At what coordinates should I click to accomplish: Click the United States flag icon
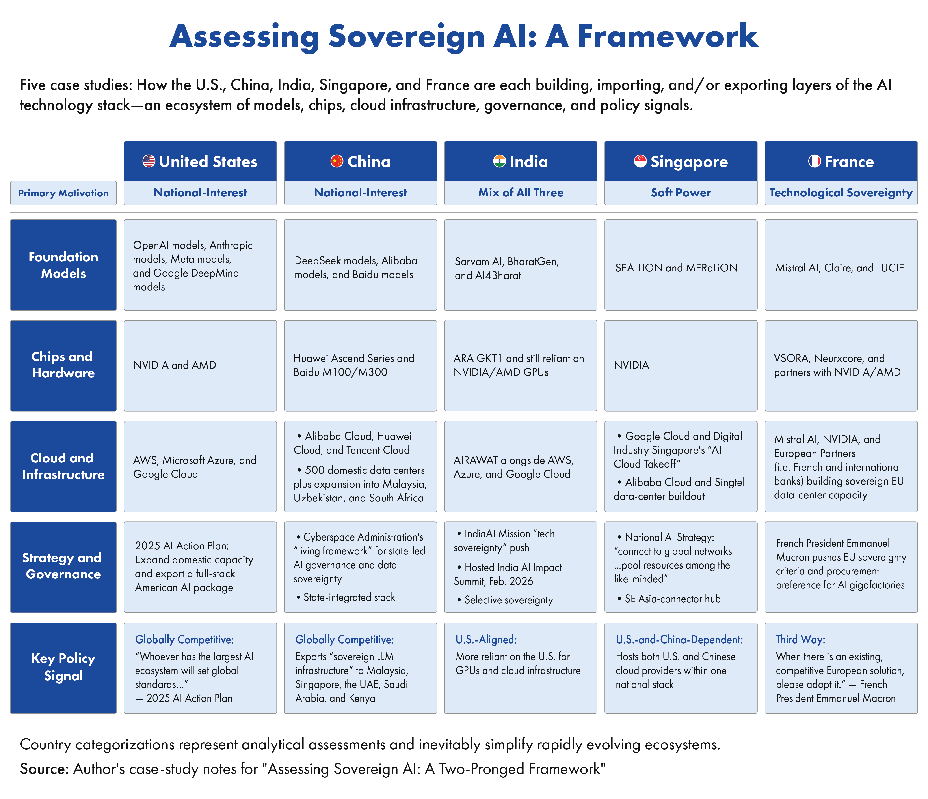[x=149, y=161]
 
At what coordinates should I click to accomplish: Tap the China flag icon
[x=337, y=161]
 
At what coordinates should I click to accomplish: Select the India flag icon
[x=499, y=161]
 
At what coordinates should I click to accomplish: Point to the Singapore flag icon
[x=640, y=161]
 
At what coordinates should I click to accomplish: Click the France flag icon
[x=815, y=161]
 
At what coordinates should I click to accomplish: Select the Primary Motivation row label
[x=63, y=193]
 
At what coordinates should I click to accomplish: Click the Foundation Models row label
[x=63, y=265]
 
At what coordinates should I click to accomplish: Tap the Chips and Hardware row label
[x=63, y=365]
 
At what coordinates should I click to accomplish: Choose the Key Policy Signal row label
[x=63, y=668]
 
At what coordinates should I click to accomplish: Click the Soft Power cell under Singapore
[x=681, y=193]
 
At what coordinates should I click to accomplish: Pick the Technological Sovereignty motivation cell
[x=841, y=193]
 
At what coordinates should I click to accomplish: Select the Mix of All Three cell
[x=521, y=193]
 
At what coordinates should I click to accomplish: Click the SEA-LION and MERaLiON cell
[x=681, y=265]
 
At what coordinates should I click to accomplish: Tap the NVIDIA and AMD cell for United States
[x=200, y=365]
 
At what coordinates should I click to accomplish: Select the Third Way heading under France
[x=800, y=640]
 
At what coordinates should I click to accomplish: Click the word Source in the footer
[x=43, y=769]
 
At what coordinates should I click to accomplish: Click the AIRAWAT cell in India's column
[x=521, y=466]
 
